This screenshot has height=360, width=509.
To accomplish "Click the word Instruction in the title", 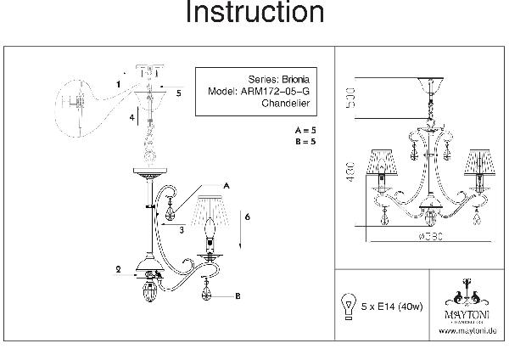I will (255, 14).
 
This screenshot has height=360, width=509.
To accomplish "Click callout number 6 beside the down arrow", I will (247, 217).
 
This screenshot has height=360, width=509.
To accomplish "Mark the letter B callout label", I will (238, 296).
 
